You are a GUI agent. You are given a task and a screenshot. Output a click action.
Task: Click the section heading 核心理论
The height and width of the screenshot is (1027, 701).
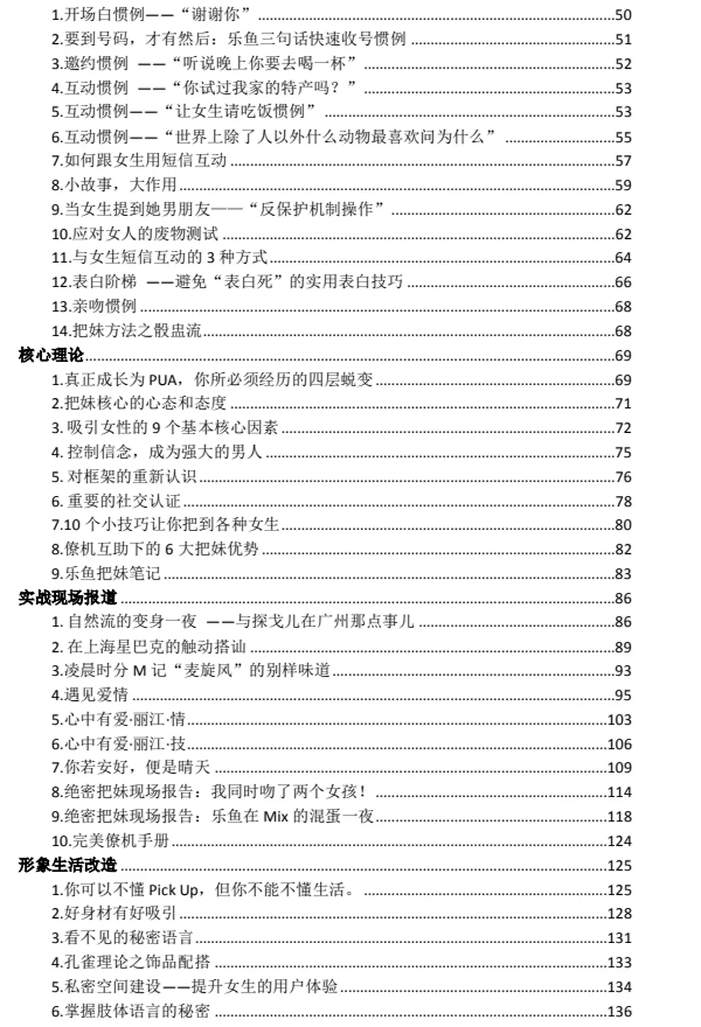click(x=51, y=355)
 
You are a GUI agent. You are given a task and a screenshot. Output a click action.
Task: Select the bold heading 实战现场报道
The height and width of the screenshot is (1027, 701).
click(x=67, y=597)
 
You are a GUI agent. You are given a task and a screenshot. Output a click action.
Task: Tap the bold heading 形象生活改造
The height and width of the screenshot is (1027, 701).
click(x=67, y=865)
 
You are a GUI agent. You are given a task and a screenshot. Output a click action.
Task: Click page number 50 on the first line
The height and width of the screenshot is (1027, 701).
click(x=623, y=15)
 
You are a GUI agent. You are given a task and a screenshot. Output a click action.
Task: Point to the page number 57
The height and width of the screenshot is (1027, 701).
click(x=623, y=161)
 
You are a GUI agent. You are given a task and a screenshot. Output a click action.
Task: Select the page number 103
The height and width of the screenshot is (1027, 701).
click(x=619, y=720)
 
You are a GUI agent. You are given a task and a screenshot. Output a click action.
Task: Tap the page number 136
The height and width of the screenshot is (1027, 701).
click(x=619, y=1011)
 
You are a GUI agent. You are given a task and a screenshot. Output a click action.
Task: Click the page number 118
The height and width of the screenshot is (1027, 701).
click(x=619, y=816)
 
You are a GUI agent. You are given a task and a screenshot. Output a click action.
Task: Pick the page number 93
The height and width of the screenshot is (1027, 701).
click(x=623, y=671)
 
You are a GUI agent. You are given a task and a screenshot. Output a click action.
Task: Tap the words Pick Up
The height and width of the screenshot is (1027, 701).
click(x=174, y=890)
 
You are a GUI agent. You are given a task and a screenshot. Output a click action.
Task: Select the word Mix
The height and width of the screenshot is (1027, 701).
click(x=275, y=816)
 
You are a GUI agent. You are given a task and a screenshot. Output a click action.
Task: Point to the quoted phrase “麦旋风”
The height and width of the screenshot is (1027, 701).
click(x=208, y=670)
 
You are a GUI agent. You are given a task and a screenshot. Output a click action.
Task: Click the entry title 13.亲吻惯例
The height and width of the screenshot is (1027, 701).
click(x=94, y=306)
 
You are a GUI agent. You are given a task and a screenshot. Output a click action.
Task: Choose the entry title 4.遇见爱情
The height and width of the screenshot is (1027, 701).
click(x=90, y=695)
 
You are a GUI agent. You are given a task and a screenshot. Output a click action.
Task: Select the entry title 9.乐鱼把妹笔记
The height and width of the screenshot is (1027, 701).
click(x=106, y=573)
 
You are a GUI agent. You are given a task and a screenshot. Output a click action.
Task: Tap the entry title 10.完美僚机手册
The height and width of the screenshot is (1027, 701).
click(x=110, y=840)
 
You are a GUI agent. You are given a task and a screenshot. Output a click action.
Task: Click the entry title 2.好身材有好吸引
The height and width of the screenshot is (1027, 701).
click(x=114, y=913)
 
